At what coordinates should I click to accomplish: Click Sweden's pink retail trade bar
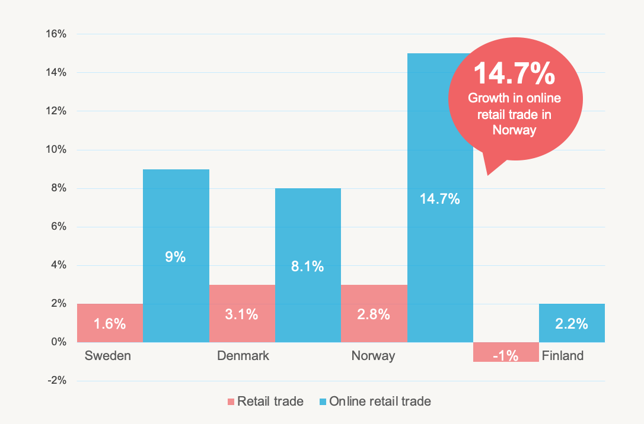pos(110,323)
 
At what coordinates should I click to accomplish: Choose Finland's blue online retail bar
pos(572,323)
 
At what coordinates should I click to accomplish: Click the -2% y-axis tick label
pos(56,381)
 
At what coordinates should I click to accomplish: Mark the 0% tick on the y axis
pos(58,342)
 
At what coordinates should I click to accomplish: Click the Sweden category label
pos(107,356)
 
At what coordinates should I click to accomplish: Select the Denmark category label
pos(243,356)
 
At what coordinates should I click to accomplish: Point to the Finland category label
pos(563,356)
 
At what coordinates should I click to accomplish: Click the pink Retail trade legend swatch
pos(231,402)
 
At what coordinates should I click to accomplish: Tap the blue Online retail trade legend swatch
pos(322,402)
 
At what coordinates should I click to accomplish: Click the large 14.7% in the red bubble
pos(514,73)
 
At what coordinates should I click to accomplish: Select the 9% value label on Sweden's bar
pos(176,258)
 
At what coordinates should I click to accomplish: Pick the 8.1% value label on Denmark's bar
pos(308,266)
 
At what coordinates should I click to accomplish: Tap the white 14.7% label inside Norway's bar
pos(440,199)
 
